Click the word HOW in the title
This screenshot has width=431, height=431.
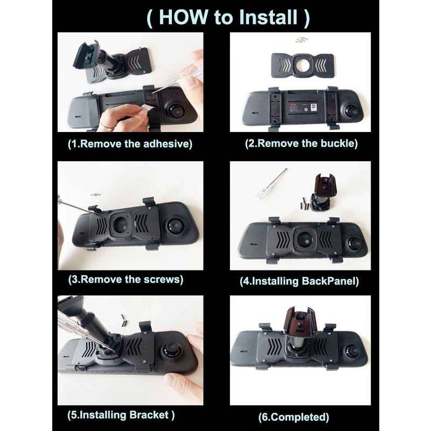point(183,17)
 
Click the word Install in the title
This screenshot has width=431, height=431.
point(268,17)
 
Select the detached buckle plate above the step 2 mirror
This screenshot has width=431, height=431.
point(302,65)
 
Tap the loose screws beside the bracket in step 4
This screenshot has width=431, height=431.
point(305,204)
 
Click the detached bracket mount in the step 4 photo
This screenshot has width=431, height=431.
point(322,192)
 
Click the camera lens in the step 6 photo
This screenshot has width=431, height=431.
point(352,352)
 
